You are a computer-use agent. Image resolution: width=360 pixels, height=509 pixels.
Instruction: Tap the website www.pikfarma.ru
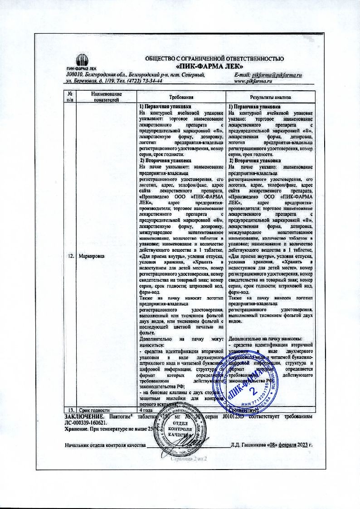(x=253, y=80)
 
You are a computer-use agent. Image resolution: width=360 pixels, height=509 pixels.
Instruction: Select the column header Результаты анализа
(x=270, y=98)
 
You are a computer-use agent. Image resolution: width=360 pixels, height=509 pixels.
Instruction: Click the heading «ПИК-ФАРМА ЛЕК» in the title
(x=214, y=66)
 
